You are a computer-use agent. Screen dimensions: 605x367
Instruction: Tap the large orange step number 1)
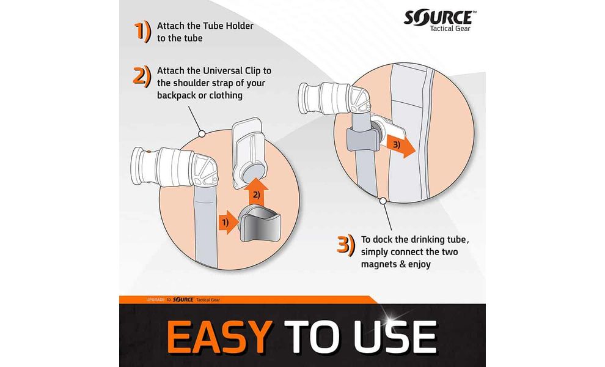[x=143, y=32]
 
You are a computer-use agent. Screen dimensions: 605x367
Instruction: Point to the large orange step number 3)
[x=346, y=245]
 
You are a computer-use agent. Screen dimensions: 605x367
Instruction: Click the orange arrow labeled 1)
[x=228, y=223]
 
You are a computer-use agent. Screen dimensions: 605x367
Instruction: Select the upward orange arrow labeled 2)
[x=255, y=192]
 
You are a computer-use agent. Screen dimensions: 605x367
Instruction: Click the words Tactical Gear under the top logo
[x=450, y=29]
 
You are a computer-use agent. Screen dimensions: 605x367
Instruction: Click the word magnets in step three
[x=380, y=265]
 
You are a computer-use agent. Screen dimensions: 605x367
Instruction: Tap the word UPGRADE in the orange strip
[x=155, y=300]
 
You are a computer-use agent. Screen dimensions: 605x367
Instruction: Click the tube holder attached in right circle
[x=362, y=139]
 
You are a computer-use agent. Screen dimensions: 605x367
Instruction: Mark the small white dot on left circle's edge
[x=202, y=134]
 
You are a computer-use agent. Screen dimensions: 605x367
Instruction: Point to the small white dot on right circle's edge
[x=383, y=201]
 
